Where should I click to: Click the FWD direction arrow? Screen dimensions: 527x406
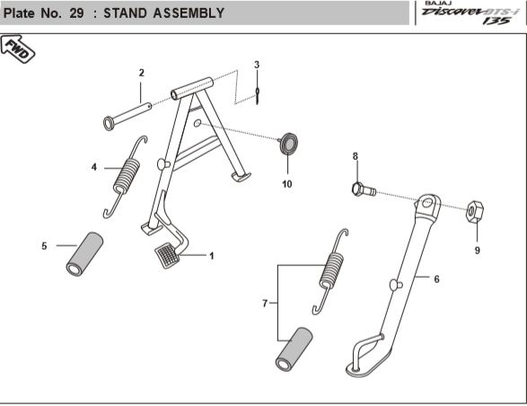pos(17,49)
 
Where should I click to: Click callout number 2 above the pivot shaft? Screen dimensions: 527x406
pos(142,73)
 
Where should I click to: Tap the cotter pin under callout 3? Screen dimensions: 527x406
pos(258,95)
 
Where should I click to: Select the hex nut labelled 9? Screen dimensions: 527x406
pos(475,212)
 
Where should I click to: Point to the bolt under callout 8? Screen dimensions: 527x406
pos(364,190)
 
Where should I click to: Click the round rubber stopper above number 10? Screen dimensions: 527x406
pos(289,144)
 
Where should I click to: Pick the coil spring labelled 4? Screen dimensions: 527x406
pos(126,177)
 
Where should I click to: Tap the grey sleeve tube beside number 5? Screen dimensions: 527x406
pos(84,254)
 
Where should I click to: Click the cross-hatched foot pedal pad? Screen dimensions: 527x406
pos(167,255)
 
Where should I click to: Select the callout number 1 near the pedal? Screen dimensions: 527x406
pos(212,256)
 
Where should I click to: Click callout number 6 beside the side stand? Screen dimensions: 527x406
pos(436,279)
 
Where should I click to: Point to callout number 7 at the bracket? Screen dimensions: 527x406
pos(265,304)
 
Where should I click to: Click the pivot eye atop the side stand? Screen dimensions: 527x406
pos(428,205)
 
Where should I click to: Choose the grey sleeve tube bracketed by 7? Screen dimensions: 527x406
pos(294,349)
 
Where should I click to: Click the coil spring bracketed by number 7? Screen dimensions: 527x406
pos(331,271)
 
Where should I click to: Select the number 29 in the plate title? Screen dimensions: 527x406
pos(76,13)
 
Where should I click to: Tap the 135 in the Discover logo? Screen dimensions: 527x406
pos(496,21)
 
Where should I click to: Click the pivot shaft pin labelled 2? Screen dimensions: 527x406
pos(127,117)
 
